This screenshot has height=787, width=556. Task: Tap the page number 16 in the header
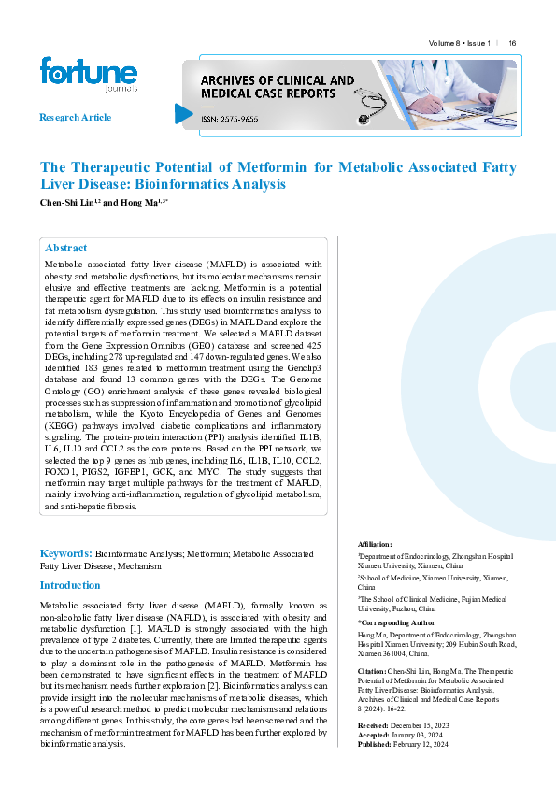point(513,43)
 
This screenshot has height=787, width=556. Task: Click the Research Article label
point(75,118)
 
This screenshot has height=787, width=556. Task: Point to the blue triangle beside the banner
point(183,114)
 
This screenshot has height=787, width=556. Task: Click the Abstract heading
point(66,249)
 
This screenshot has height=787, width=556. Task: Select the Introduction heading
point(69,585)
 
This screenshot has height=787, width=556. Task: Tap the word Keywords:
point(65,554)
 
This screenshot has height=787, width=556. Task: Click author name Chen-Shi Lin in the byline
point(67,202)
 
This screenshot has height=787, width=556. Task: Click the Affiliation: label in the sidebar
point(376,544)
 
